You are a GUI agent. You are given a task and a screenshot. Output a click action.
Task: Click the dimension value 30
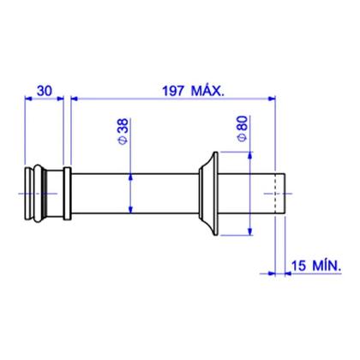45,91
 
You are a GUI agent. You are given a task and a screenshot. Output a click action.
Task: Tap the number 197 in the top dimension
173,91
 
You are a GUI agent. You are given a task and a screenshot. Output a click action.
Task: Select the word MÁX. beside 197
207,91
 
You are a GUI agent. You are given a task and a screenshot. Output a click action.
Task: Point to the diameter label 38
123,126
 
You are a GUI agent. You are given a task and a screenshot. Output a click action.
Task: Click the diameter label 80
243,123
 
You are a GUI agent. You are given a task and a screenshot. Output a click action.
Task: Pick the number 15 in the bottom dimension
298,266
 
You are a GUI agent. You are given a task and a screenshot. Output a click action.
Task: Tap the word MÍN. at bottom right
327,265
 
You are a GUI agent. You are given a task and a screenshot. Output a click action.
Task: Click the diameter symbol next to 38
123,140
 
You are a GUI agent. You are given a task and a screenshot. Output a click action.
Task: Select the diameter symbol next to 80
243,137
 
